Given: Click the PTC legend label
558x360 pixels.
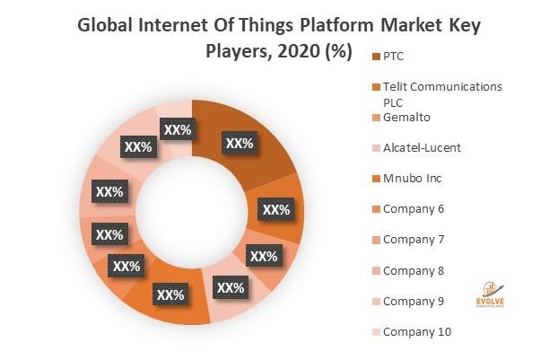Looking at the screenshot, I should click(394, 56).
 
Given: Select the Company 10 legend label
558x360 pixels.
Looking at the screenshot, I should click(417, 331).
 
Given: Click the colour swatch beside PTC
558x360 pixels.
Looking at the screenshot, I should click(374, 57).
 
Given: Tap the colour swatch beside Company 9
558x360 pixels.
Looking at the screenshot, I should click(374, 302).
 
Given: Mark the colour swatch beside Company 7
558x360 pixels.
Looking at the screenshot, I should click(374, 241).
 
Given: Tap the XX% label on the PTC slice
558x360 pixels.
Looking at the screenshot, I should click(240, 143).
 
